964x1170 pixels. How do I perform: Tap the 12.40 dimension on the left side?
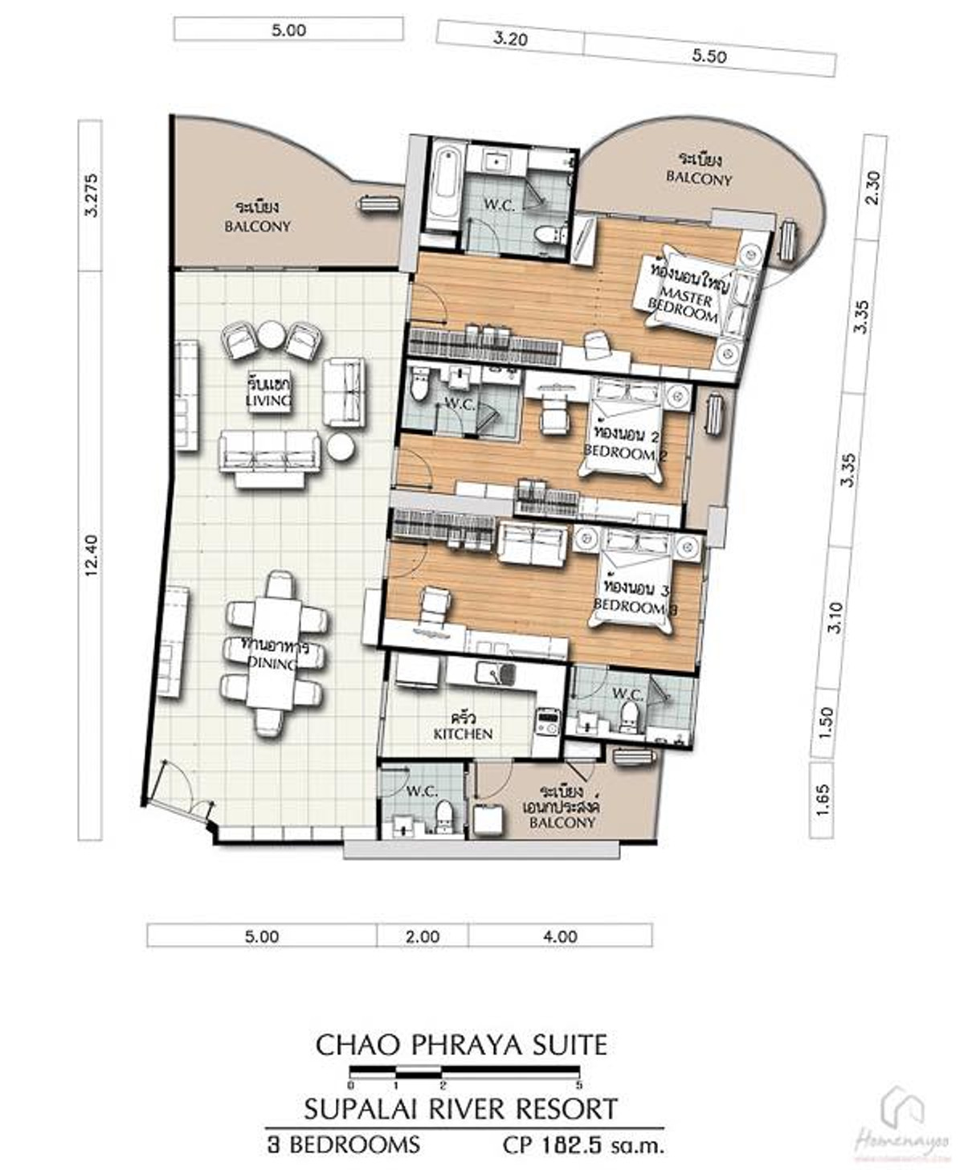pyautogui.click(x=91, y=556)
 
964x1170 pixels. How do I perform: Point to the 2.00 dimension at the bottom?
pyautogui.click(x=423, y=936)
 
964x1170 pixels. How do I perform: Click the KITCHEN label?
pyautogui.click(x=463, y=734)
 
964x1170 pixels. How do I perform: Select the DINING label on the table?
pyautogui.click(x=272, y=664)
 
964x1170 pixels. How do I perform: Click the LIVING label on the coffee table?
pyautogui.click(x=268, y=399)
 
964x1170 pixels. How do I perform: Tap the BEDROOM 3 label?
pyautogui.click(x=635, y=608)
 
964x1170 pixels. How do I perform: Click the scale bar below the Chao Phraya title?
pyautogui.click(x=464, y=1071)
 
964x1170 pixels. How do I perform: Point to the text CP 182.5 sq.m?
pyautogui.click(x=583, y=1144)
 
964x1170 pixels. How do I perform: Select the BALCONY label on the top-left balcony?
pyautogui.click(x=257, y=227)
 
